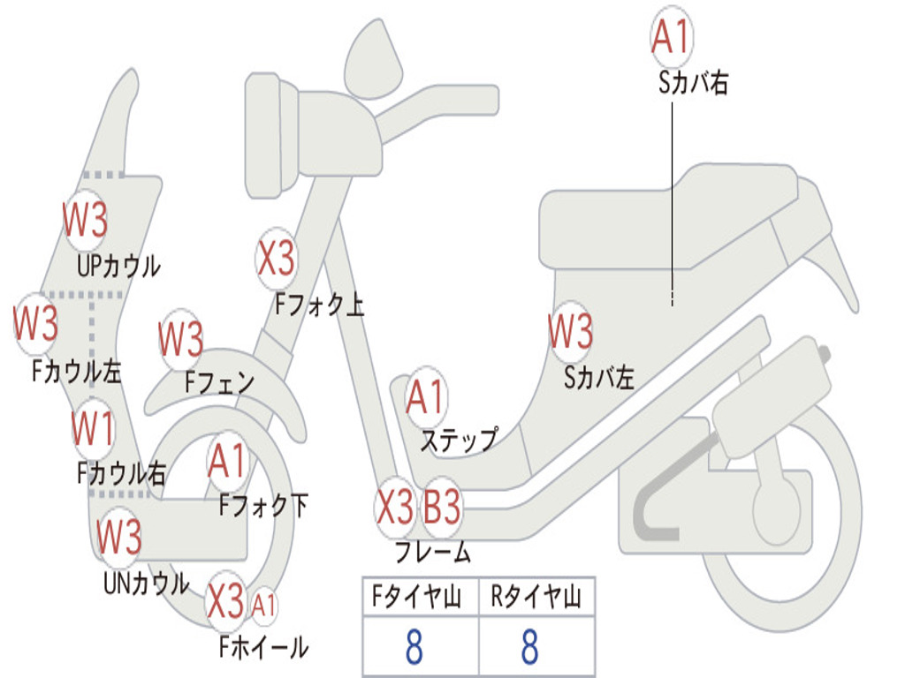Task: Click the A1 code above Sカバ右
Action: pos(670,37)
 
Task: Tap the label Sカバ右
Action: pos(693,84)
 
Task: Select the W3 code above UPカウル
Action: pos(86,221)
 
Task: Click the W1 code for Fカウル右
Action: pos(93,429)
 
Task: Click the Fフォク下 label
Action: pos(263,506)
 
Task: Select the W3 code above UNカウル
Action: pos(119,537)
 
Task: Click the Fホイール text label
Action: pos(263,647)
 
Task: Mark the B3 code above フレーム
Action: pos(442,508)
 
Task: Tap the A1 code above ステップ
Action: pos(426,398)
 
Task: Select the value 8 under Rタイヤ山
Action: pos(529,648)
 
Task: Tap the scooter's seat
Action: pos(672,216)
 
